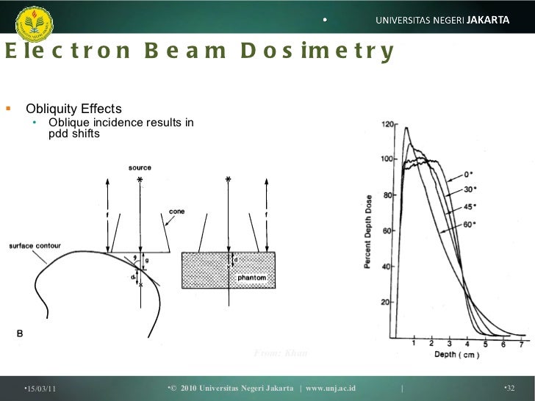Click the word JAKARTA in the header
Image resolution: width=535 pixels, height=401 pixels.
[488, 20]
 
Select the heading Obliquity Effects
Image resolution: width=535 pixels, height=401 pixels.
[73, 110]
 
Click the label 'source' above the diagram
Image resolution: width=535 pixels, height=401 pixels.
[139, 167]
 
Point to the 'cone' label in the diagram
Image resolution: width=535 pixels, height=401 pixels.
[177, 211]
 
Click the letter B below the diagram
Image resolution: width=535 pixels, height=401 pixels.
[20, 334]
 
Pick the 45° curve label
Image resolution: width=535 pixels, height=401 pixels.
[470, 206]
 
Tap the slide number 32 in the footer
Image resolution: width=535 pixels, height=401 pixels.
[510, 387]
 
